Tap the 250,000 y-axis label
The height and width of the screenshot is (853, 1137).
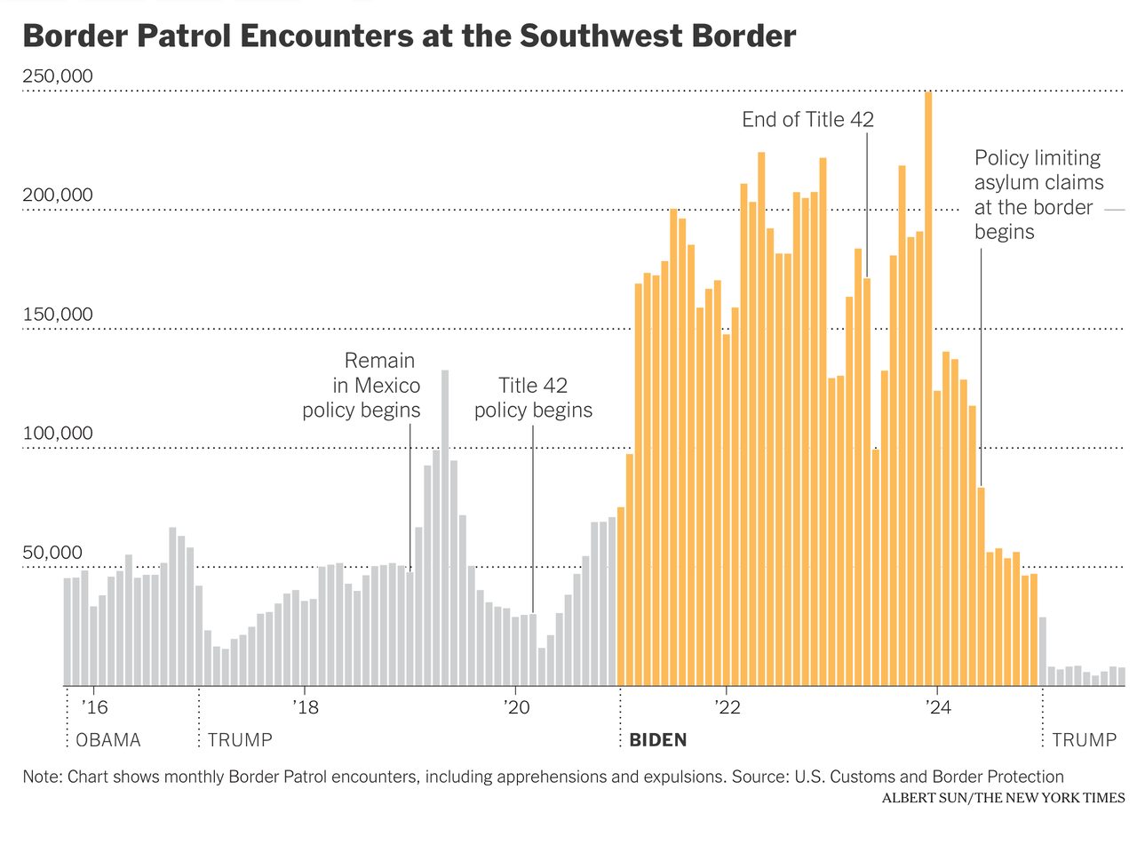(57, 76)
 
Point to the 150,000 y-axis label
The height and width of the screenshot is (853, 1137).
(57, 315)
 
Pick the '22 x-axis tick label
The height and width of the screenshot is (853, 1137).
(726, 708)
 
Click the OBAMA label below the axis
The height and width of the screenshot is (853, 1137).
(108, 740)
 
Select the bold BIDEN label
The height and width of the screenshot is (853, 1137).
(657, 740)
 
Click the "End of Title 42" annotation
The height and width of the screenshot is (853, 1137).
(807, 120)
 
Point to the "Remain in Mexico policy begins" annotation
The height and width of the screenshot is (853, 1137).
(362, 386)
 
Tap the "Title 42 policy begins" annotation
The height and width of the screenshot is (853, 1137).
(533, 398)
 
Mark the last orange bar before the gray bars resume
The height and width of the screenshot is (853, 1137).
(1034, 630)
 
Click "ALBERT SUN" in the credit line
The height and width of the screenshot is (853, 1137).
(925, 798)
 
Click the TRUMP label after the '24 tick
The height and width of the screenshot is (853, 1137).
(1085, 740)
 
